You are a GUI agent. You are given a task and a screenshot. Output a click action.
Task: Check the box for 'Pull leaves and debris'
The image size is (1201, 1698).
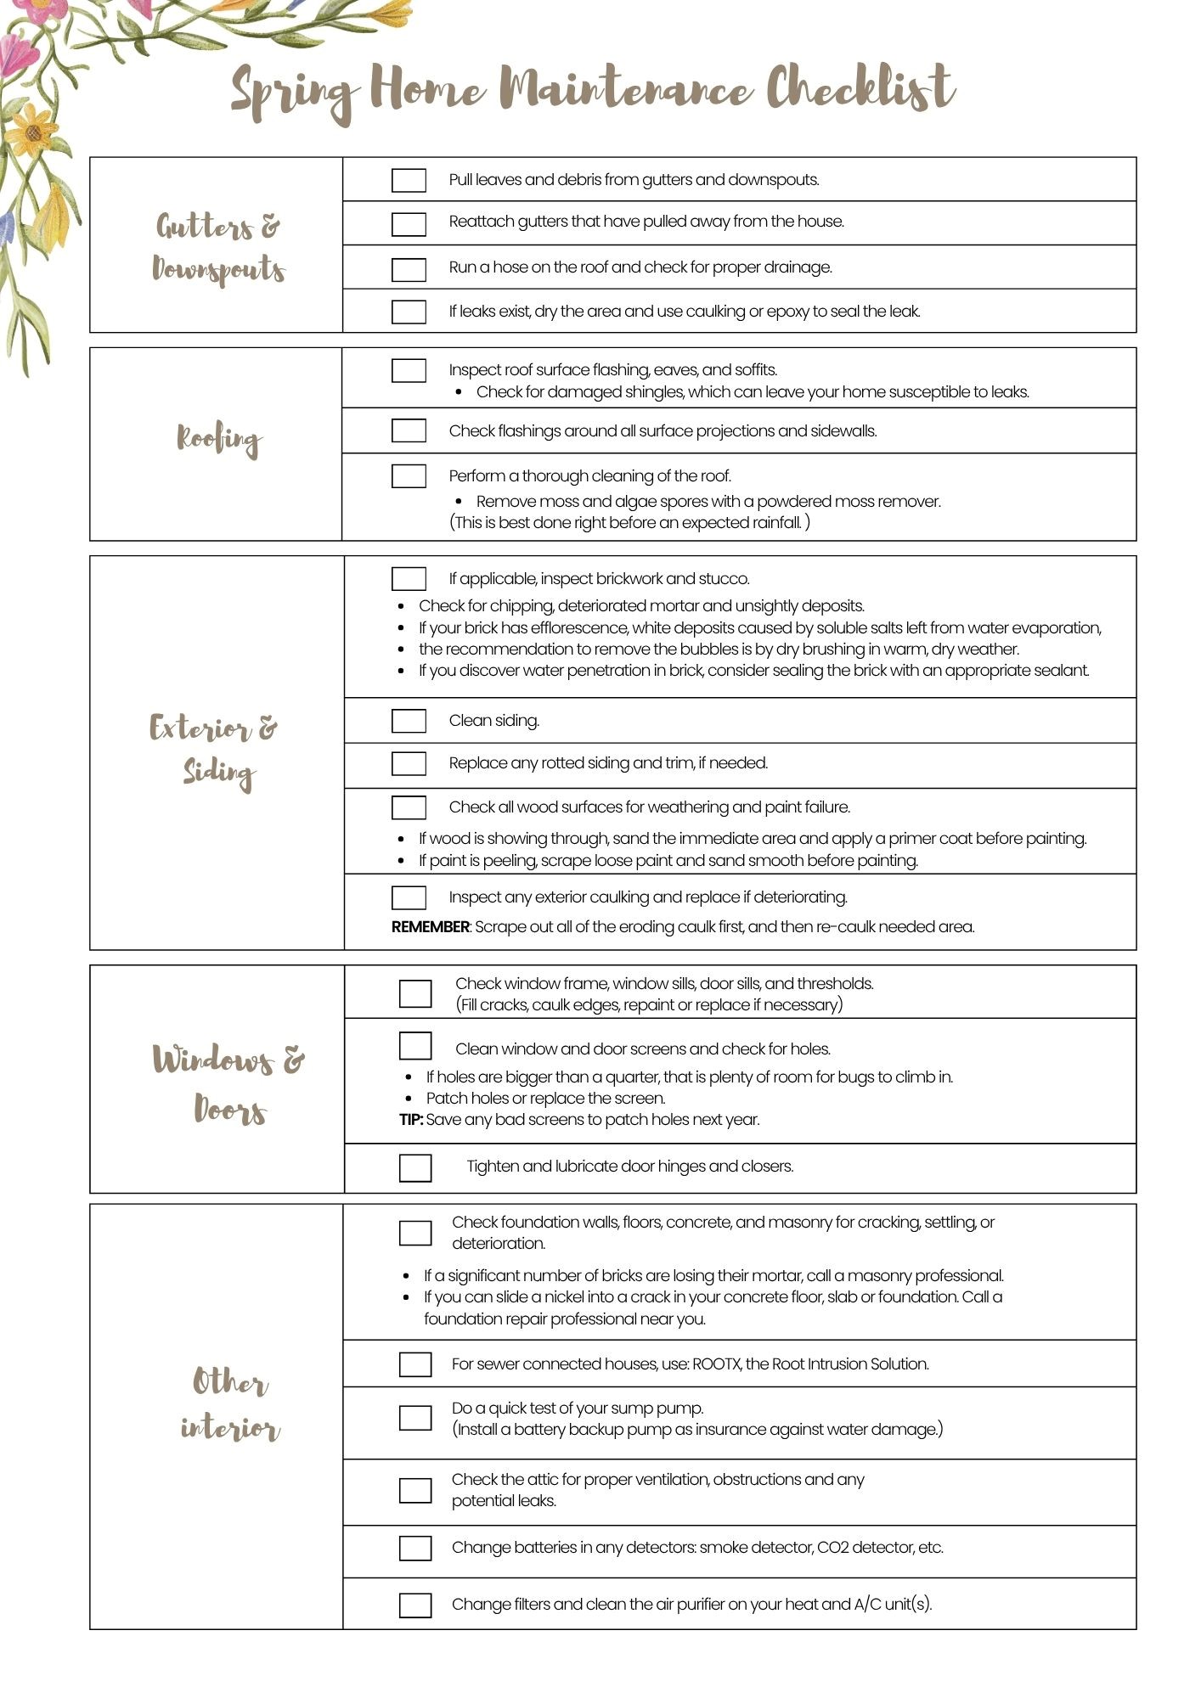[x=409, y=180]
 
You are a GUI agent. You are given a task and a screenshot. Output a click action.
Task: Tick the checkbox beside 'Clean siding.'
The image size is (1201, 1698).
[x=409, y=721]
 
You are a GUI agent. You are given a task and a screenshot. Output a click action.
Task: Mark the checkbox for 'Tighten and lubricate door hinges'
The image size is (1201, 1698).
[x=415, y=1167]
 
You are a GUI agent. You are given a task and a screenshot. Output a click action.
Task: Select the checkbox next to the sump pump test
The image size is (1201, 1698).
[x=415, y=1418]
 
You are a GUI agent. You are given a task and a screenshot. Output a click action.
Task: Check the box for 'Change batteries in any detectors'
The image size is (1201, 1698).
[x=415, y=1548]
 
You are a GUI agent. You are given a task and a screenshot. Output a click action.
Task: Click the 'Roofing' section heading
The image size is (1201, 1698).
[x=219, y=440]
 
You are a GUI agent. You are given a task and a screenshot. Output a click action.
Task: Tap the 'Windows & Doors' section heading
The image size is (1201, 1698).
[x=228, y=1084]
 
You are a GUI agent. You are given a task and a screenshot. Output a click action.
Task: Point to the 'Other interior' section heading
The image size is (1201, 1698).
[x=229, y=1403]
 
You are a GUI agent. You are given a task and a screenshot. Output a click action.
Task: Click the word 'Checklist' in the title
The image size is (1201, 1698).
[x=860, y=89]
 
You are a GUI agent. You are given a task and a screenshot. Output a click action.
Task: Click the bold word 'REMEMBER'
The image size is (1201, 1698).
[x=430, y=927]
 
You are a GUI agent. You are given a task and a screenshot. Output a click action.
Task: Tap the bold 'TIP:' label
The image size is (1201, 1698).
[x=411, y=1120]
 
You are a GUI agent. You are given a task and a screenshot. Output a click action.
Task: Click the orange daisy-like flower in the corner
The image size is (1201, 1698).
[x=32, y=130]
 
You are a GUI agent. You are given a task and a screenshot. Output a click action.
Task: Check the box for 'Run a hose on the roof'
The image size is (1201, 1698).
[x=409, y=269]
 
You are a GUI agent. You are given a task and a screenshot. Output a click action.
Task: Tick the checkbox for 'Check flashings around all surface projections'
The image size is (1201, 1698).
[x=409, y=430]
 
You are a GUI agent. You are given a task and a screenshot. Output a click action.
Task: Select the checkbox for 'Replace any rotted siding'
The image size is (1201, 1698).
[x=409, y=763]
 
